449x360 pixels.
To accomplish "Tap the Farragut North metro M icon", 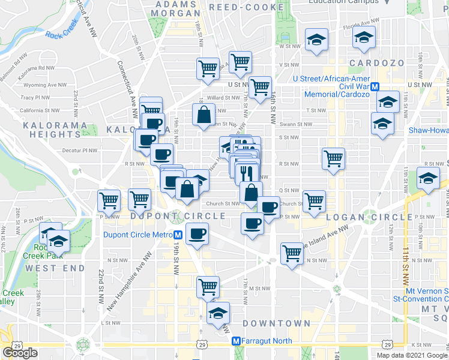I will [x=237, y=341].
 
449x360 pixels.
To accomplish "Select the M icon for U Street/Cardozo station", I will [x=375, y=86].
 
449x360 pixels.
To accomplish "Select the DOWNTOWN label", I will [x=277, y=323].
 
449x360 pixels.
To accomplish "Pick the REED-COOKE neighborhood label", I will [x=246, y=7].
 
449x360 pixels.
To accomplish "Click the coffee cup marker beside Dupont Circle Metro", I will [x=197, y=233].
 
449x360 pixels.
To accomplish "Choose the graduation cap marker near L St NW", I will [x=218, y=312].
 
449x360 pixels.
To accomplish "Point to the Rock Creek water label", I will [x=62, y=35].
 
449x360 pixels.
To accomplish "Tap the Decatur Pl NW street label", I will [x=79, y=152].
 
